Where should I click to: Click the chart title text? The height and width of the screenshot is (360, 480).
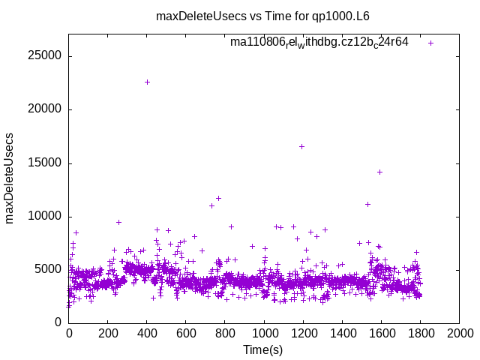pyautogui.click(x=262, y=16)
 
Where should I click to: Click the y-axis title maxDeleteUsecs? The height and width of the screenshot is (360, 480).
pyautogui.click(x=10, y=178)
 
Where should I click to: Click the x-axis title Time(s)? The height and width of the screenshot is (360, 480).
pyautogui.click(x=262, y=350)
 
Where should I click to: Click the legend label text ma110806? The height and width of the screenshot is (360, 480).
pyautogui.click(x=319, y=43)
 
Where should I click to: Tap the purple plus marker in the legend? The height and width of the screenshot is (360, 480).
pyautogui.click(x=431, y=43)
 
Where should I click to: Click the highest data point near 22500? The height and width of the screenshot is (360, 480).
pyautogui.click(x=147, y=82)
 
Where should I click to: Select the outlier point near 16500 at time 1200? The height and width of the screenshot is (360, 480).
pyautogui.click(x=301, y=146)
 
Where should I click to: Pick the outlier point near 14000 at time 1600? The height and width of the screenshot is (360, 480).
pyautogui.click(x=379, y=172)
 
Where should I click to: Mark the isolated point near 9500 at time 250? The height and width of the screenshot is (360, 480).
pyautogui.click(x=118, y=222)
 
